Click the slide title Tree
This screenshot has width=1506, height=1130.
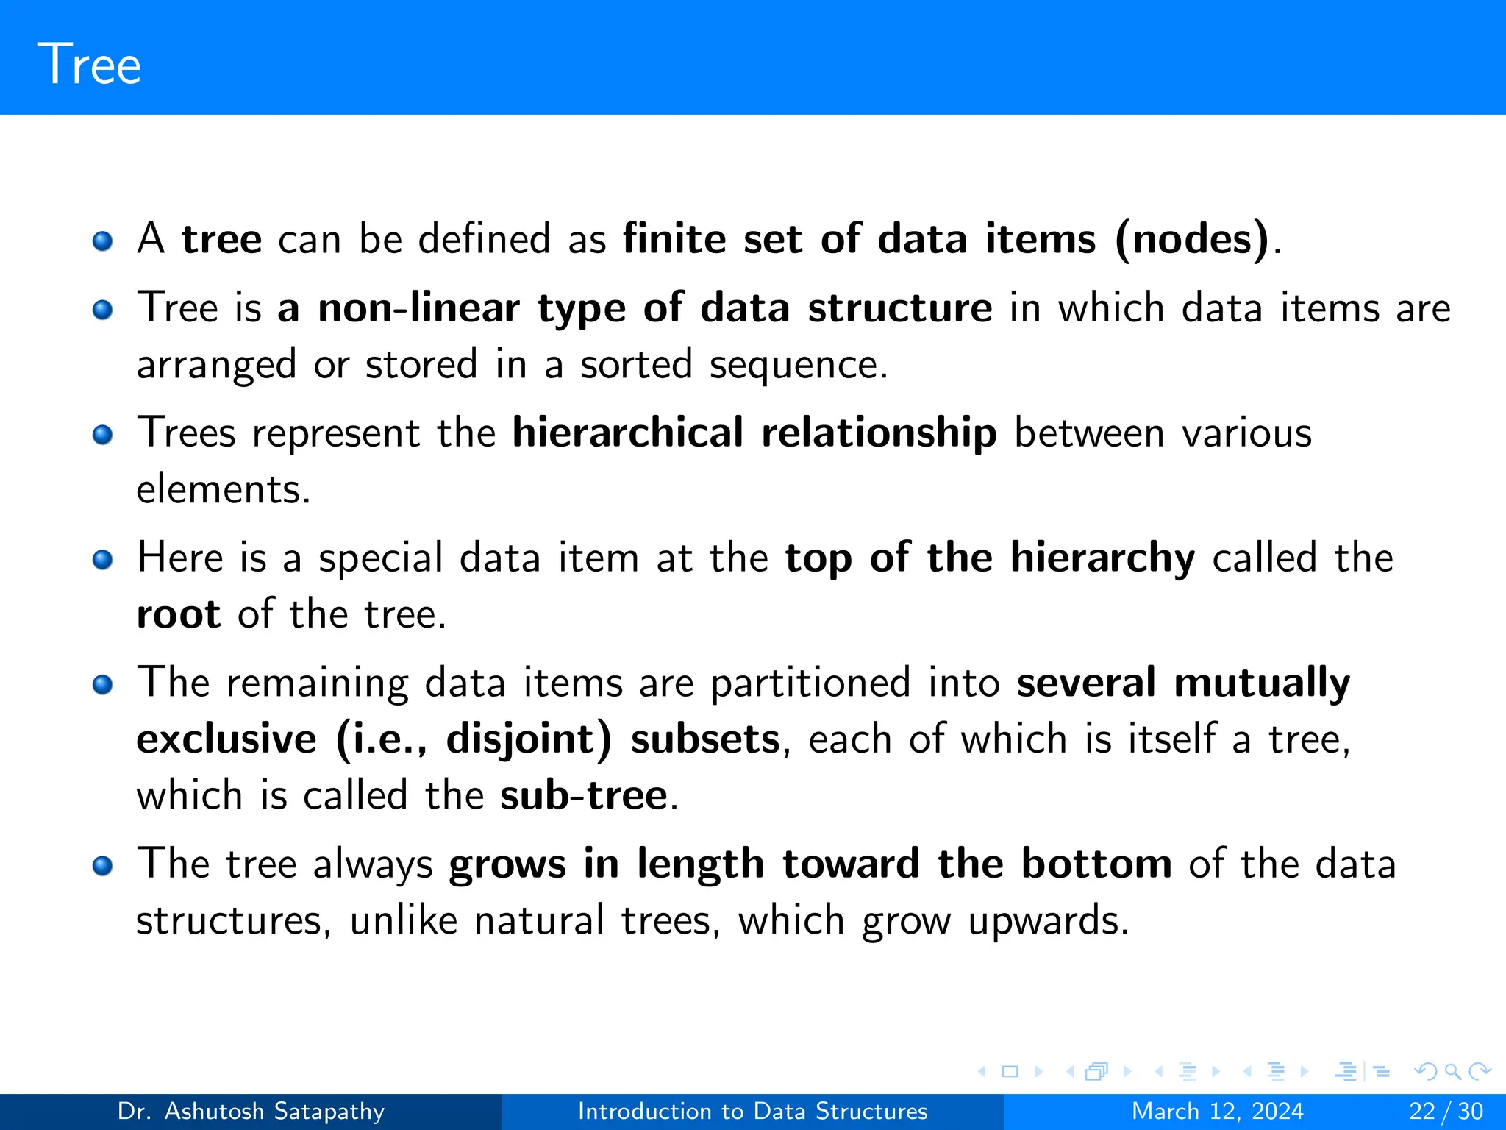point(89,65)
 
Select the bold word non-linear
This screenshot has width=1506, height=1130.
point(418,308)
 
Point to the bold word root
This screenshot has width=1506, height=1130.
point(178,614)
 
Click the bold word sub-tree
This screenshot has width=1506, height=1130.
point(584,795)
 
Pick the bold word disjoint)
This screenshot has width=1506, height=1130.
point(529,739)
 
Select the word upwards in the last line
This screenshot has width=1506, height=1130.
point(1047,921)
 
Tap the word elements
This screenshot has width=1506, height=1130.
point(223,489)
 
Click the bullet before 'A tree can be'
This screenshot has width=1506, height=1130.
point(102,241)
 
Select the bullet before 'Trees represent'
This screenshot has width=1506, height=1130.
point(102,435)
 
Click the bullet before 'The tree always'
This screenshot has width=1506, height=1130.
point(102,866)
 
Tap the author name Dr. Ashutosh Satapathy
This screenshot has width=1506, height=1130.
point(251,1111)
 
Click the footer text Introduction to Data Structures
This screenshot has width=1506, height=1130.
point(752,1111)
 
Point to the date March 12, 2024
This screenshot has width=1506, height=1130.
point(1217,1111)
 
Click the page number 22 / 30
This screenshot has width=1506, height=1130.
point(1446,1111)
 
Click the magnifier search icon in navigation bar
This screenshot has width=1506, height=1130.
point(1452,1071)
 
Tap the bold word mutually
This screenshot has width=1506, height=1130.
point(1262,683)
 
